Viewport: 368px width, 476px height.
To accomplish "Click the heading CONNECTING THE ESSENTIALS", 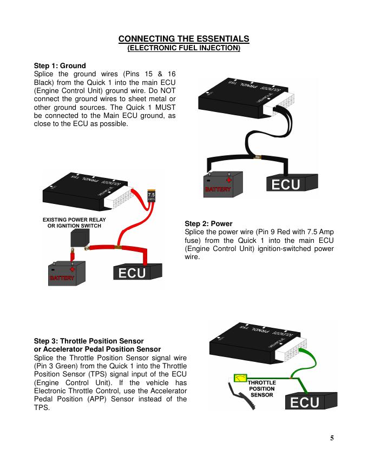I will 183,39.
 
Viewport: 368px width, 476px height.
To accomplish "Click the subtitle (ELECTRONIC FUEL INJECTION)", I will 183,48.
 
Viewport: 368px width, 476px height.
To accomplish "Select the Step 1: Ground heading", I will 60,66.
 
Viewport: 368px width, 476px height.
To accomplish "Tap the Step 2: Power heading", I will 208,223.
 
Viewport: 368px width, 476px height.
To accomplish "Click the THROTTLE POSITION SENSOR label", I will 261,389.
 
